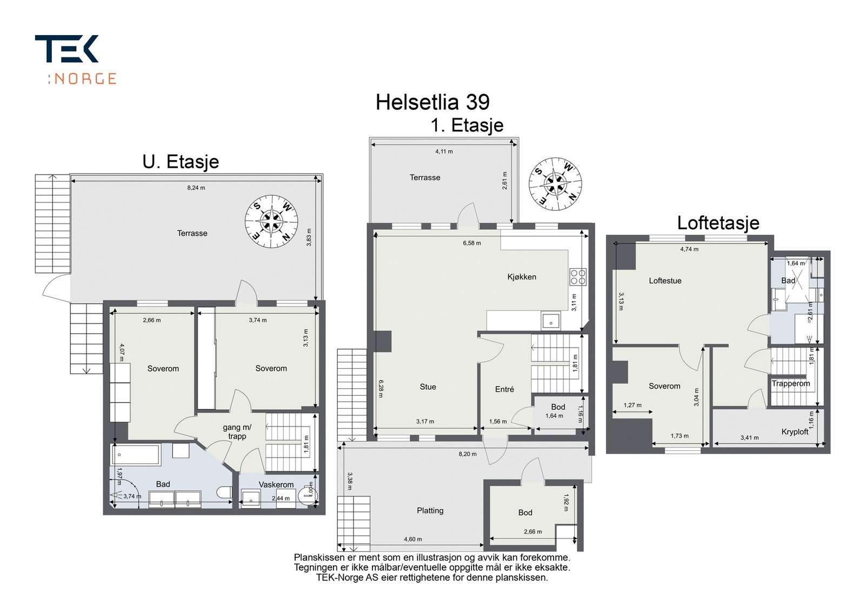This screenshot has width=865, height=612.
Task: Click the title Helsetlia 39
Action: coord(432,102)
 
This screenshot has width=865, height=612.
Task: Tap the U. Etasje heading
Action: coord(181,162)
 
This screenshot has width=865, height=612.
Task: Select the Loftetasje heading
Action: coord(718,223)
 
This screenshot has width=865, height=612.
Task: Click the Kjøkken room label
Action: coord(522,277)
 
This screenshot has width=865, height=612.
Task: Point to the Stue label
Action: coord(428,387)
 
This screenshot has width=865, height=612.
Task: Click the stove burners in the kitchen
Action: coord(577,277)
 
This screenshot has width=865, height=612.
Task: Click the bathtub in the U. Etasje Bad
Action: coord(136,455)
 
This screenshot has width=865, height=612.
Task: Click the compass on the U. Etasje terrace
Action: coord(271,221)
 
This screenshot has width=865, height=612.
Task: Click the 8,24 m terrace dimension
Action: coord(196,188)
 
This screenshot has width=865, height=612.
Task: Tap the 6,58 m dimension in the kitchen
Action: coord(471,243)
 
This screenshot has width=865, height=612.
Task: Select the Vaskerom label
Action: coord(276,485)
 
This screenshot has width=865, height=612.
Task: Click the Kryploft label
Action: coord(795,431)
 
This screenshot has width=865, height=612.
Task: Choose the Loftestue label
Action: coord(665,281)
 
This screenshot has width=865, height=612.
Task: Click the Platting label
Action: coord(430,510)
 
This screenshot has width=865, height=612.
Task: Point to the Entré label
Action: coord(504,389)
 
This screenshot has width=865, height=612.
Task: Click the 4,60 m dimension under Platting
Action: coord(412,539)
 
